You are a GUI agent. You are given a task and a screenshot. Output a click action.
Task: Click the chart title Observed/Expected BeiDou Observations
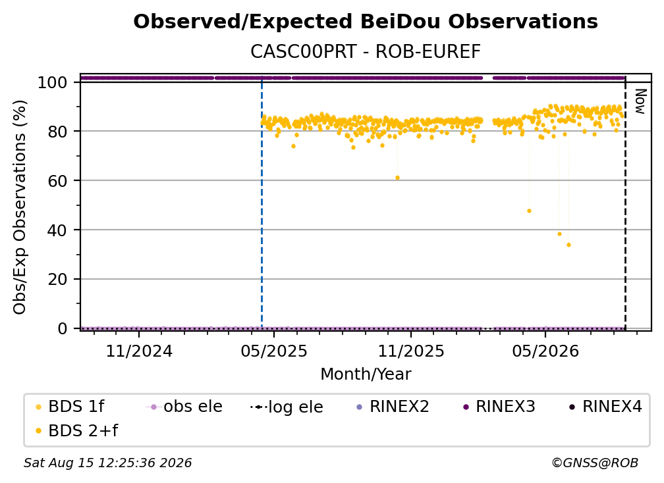[x=366, y=22]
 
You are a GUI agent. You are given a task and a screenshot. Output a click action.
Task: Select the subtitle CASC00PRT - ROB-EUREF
[x=366, y=51]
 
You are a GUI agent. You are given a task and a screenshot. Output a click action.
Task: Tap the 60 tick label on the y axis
[x=57, y=181]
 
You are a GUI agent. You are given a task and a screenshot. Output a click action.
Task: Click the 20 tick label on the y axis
[x=57, y=280]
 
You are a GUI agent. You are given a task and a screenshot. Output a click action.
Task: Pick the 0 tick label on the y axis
[x=63, y=328]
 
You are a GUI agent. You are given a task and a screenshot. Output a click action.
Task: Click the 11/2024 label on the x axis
[x=139, y=351]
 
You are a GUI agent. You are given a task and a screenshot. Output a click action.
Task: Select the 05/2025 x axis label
[x=274, y=351]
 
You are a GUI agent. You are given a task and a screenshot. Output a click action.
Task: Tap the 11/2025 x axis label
[x=411, y=351]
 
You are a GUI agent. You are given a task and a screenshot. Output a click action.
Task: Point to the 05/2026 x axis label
[x=545, y=351]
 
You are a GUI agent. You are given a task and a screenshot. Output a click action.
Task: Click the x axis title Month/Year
[x=366, y=374]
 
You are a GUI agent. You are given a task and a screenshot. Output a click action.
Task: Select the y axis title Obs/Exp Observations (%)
[x=20, y=207]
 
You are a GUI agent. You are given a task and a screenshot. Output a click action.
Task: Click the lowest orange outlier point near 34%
[x=568, y=245]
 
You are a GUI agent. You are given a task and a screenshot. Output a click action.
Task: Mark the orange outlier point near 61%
[x=397, y=178]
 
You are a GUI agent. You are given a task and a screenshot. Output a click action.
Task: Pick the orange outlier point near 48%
[x=529, y=211]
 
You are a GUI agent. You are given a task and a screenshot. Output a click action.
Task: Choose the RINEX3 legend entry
[x=500, y=407]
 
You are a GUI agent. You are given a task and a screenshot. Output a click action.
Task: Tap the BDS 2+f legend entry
[x=76, y=430]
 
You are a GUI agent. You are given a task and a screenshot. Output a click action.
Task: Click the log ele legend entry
[x=287, y=407]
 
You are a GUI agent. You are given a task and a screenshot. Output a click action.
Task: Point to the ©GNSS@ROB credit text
[x=595, y=463]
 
